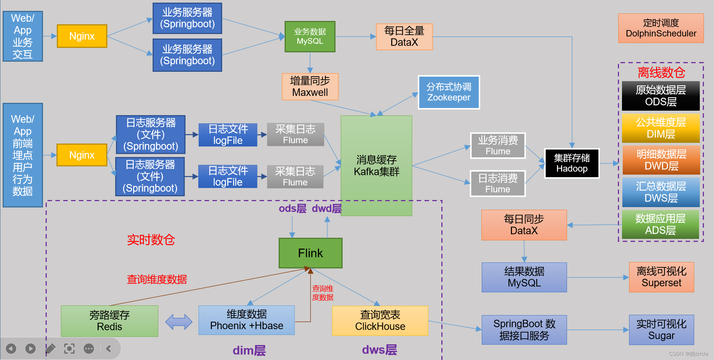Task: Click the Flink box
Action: click(x=310, y=253)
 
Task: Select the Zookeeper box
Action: click(x=449, y=92)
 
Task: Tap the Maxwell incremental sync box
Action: click(x=310, y=87)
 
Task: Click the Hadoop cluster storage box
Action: click(x=572, y=163)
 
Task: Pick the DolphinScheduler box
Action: click(x=661, y=28)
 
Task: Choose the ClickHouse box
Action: click(x=380, y=321)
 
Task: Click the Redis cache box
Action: click(x=110, y=321)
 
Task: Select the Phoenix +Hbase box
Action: click(x=246, y=320)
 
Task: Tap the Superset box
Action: click(x=661, y=277)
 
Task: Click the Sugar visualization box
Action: click(x=661, y=330)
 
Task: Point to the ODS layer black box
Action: click(x=661, y=96)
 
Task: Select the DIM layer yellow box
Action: click(x=661, y=128)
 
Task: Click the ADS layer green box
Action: click(x=661, y=225)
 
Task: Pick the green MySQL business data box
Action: click(x=310, y=37)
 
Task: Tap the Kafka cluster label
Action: click(x=376, y=166)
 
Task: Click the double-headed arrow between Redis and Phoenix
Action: click(x=179, y=321)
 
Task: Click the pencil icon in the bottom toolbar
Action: click(x=50, y=349)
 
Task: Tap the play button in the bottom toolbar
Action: click(x=31, y=349)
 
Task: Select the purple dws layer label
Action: click(x=379, y=350)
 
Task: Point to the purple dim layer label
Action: click(x=249, y=351)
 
